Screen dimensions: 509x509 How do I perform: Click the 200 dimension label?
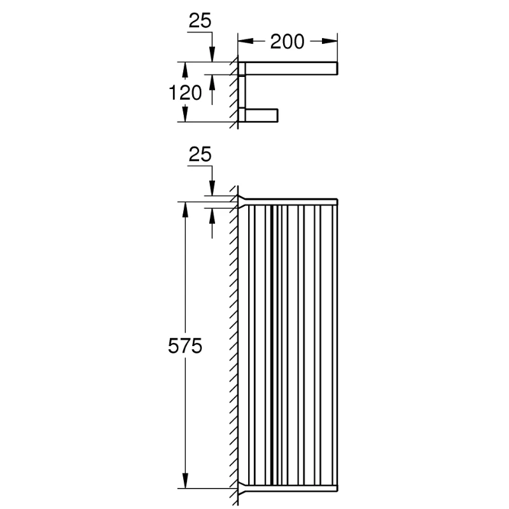(288, 41)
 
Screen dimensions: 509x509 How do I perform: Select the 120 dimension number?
(185, 93)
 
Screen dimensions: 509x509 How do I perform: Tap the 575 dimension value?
(185, 345)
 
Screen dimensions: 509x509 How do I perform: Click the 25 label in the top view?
(200, 20)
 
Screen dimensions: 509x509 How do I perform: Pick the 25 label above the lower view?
(200, 154)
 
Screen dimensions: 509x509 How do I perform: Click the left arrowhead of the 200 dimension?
(246, 41)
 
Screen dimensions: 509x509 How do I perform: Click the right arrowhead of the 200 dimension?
(330, 41)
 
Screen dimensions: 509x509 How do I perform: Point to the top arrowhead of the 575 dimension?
(185, 210)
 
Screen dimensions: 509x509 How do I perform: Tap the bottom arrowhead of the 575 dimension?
(185, 480)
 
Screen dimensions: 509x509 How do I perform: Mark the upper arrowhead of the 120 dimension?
(185, 70)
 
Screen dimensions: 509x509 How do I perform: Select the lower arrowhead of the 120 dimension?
(185, 114)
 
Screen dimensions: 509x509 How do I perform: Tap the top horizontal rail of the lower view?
(291, 202)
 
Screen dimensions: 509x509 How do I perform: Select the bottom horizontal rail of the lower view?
(291, 489)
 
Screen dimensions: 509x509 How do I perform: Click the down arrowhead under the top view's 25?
(212, 54)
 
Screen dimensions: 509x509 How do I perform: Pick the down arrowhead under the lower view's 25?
(212, 188)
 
